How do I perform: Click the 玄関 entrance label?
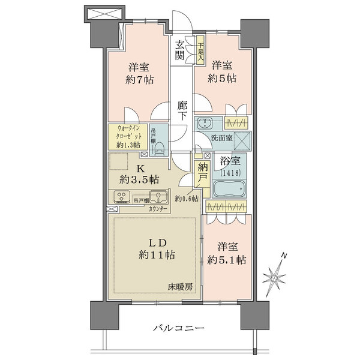click(179, 50)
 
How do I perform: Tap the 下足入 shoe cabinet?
click(200, 50)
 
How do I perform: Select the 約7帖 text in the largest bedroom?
click(140, 80)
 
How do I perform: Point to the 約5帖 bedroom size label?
click(222, 79)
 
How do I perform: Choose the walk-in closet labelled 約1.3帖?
click(128, 137)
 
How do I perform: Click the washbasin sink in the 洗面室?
click(205, 124)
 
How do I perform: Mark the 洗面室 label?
click(221, 138)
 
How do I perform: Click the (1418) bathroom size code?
click(230, 172)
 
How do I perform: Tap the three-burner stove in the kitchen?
click(122, 197)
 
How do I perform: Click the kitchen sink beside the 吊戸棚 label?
click(158, 197)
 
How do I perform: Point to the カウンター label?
click(158, 209)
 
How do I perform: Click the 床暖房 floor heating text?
click(180, 287)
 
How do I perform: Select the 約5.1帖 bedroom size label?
click(227, 260)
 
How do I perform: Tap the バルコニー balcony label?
click(179, 328)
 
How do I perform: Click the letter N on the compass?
click(284, 255)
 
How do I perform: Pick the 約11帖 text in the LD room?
click(157, 255)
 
